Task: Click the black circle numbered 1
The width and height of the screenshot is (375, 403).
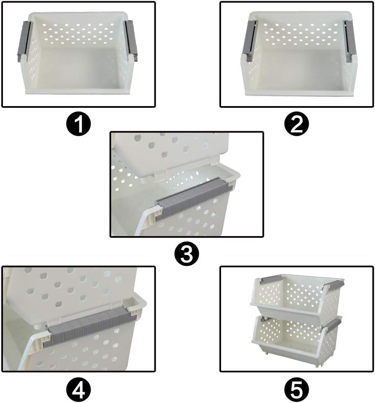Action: [78, 125]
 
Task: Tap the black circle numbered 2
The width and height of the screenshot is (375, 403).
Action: [296, 125]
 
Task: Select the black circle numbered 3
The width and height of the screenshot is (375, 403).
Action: [186, 254]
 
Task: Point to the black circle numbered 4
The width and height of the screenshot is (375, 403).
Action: [78, 391]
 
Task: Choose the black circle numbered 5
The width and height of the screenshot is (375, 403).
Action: [296, 391]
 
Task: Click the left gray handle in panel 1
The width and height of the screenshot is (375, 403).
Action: [24, 41]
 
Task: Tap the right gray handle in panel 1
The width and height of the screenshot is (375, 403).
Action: [131, 41]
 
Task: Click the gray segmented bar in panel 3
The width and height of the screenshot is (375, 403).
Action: [195, 197]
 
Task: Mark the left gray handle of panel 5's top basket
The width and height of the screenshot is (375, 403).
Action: [267, 279]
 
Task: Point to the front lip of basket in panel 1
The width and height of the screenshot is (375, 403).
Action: [80, 90]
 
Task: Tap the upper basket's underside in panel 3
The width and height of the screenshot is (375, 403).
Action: [168, 151]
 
